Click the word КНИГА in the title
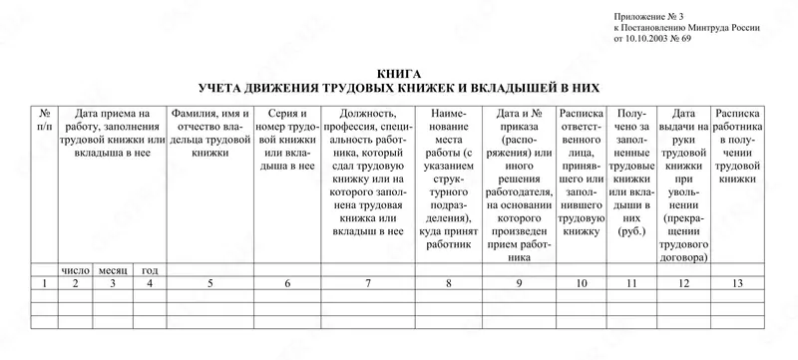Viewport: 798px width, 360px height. (x=400, y=73)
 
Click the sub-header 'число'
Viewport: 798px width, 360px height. (x=76, y=269)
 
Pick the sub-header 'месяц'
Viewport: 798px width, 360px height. (x=113, y=269)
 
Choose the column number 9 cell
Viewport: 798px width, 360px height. (x=520, y=284)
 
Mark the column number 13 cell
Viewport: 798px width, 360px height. (x=738, y=284)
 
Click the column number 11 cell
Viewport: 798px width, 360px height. (x=630, y=284)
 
